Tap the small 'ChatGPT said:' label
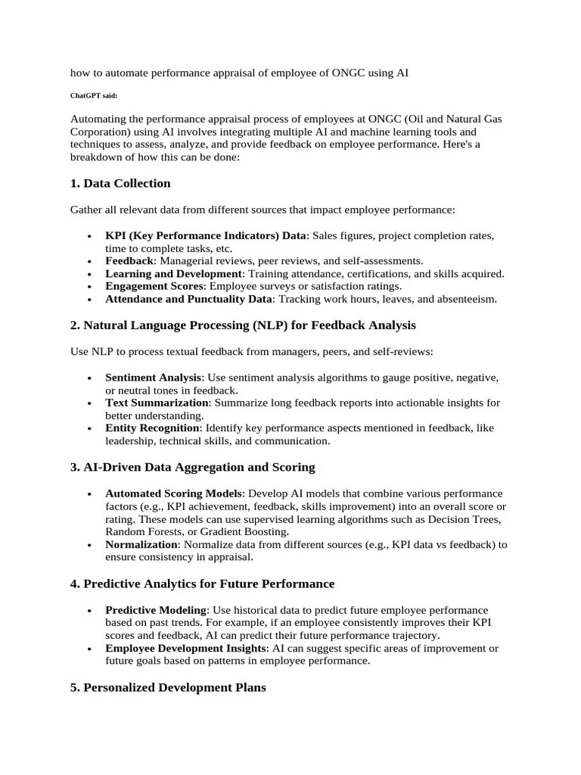(94, 96)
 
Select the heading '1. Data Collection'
(120, 183)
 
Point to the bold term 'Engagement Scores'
(155, 286)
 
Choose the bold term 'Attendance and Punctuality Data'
(188, 299)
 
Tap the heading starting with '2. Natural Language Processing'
(243, 325)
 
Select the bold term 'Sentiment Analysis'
(154, 377)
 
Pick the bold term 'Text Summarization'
(157, 403)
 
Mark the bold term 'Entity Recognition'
(152, 428)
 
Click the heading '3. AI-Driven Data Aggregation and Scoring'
(192, 467)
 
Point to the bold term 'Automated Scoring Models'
(174, 493)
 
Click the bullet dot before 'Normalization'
(89, 545)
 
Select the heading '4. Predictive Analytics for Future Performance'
(202, 584)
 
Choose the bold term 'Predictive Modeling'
(156, 610)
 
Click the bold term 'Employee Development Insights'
(186, 649)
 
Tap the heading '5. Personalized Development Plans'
(168, 688)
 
